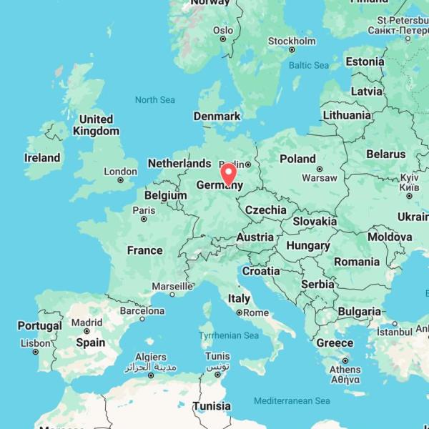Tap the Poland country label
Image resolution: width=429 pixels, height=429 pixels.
(x=297, y=159)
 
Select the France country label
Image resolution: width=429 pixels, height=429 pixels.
(x=144, y=250)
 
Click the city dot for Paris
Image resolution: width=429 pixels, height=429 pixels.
(x=144, y=219)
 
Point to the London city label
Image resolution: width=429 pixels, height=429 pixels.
(x=120, y=172)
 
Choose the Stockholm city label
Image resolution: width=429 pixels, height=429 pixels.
(x=292, y=41)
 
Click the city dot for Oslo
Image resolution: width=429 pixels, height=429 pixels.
(x=223, y=39)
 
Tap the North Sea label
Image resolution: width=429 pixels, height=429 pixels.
(x=154, y=100)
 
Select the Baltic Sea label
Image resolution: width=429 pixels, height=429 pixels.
(x=309, y=65)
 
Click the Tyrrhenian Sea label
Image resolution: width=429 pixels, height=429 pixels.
(x=229, y=335)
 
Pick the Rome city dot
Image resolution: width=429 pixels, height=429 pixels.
(x=240, y=312)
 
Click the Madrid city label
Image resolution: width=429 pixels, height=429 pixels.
(x=87, y=322)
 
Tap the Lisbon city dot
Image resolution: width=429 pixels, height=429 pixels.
(x=36, y=352)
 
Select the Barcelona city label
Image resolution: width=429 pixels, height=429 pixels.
(x=142, y=311)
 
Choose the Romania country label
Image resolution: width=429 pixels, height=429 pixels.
(x=357, y=262)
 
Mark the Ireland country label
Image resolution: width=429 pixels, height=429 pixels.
(x=42, y=157)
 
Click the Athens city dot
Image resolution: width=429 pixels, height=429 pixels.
(x=345, y=361)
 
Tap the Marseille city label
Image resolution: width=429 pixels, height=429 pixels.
(x=172, y=287)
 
